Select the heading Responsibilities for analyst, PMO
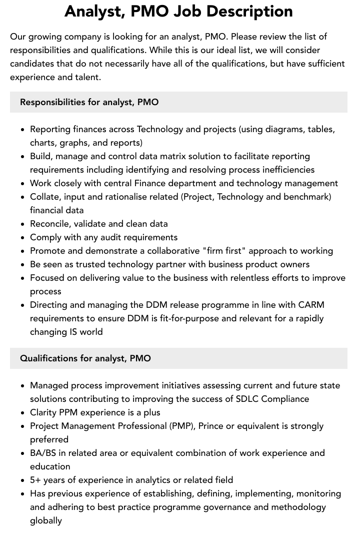click(89, 102)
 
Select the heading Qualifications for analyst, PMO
click(85, 358)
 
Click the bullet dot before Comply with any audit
click(22, 238)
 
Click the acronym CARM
click(311, 305)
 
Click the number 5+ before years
click(35, 480)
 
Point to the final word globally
click(46, 520)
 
